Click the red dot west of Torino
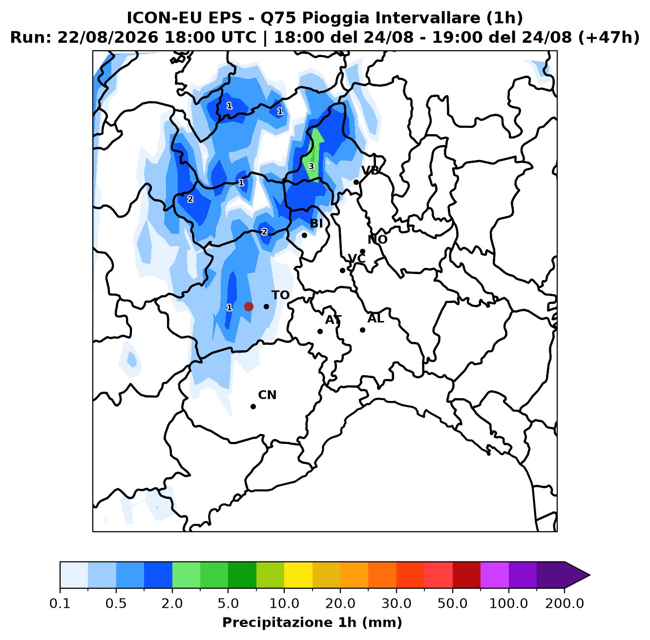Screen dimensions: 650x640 249,306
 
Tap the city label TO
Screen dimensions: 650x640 281,295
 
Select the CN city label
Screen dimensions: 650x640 267,395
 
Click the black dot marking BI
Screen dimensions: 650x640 304,235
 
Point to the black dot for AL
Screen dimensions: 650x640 362,330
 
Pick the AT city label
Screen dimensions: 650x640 334,320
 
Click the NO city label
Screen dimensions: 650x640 377,240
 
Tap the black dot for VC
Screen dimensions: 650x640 342,270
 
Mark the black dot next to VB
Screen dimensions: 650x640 356,182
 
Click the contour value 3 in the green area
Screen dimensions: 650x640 311,166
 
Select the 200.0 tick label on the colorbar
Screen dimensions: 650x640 565,603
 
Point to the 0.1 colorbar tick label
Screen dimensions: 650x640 60,603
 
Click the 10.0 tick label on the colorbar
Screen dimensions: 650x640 284,603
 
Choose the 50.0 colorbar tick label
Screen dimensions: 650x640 452,603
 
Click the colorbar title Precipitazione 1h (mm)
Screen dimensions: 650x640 312,622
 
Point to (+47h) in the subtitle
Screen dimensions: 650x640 609,38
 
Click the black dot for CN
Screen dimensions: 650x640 253,406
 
